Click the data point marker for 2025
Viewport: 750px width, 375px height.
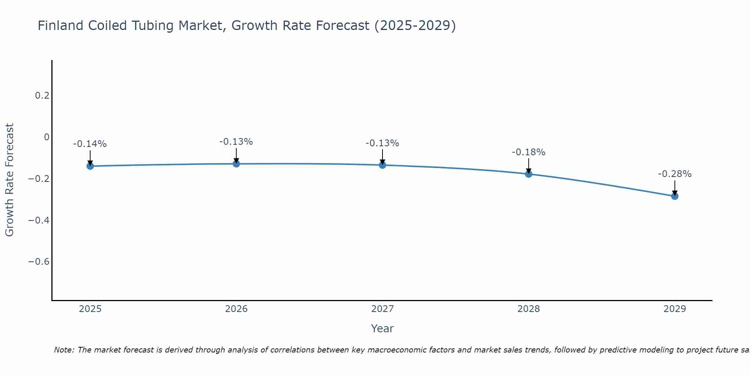pos(90,166)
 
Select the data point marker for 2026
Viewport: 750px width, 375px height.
pos(236,163)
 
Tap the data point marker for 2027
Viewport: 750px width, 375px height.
pos(382,165)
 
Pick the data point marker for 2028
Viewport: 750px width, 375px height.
pos(528,174)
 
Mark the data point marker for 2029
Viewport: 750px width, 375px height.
pos(675,196)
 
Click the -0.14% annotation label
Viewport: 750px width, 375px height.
pos(90,144)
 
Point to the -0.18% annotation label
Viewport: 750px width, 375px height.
pos(528,152)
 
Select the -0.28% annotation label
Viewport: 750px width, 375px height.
pos(675,174)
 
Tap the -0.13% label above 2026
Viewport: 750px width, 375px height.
pos(236,142)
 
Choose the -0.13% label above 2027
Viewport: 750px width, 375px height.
pos(382,143)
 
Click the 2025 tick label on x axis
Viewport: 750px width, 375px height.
pos(90,309)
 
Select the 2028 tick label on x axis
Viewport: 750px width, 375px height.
pos(528,309)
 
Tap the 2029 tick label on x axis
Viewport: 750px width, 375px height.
pos(675,309)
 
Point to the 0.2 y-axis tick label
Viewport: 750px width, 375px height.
pos(42,96)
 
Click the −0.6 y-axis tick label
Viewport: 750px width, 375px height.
pos(39,261)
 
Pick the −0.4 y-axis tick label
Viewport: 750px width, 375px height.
pos(39,220)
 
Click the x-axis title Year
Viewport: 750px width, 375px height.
pos(382,328)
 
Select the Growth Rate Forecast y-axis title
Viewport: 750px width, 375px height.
pos(9,180)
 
